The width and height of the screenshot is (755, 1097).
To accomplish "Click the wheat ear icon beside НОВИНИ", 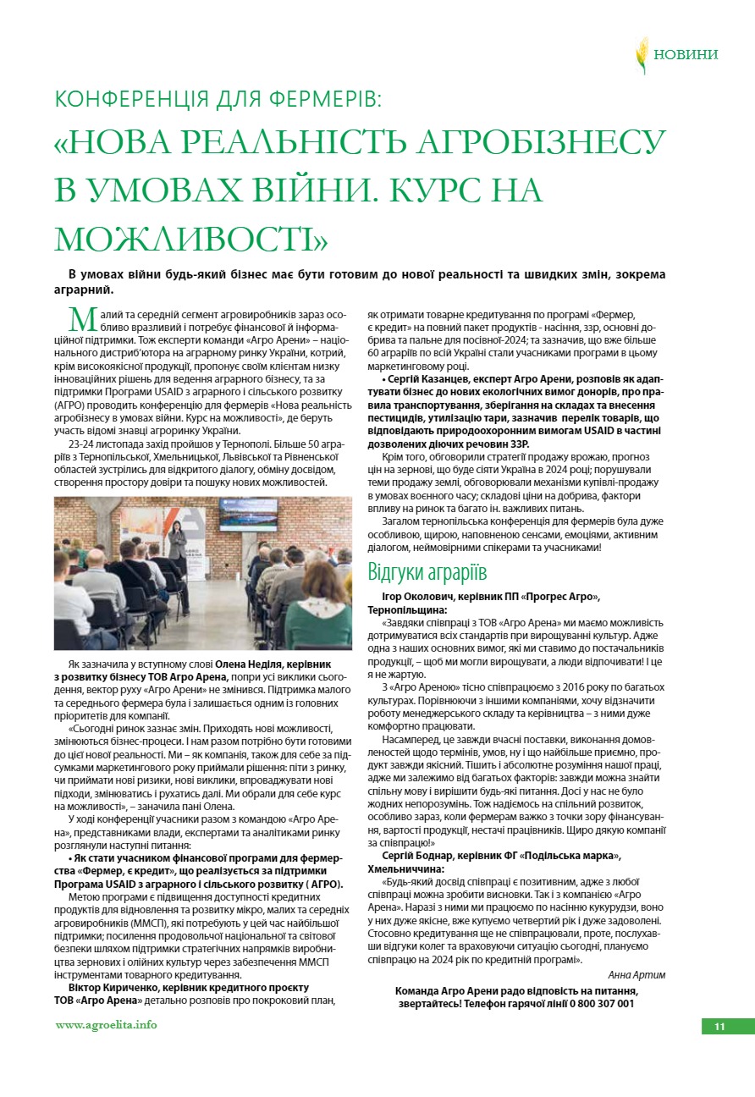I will point(642,54).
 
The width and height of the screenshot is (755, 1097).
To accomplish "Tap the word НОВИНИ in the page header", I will point(686,55).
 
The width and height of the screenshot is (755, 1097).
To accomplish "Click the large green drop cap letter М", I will point(82,320).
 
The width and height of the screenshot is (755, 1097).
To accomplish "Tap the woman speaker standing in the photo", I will point(178,542).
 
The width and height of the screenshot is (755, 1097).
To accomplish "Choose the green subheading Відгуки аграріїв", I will point(427,572).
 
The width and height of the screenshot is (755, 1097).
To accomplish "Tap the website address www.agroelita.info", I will point(106,1024).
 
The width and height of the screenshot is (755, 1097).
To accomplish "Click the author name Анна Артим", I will point(637,974).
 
